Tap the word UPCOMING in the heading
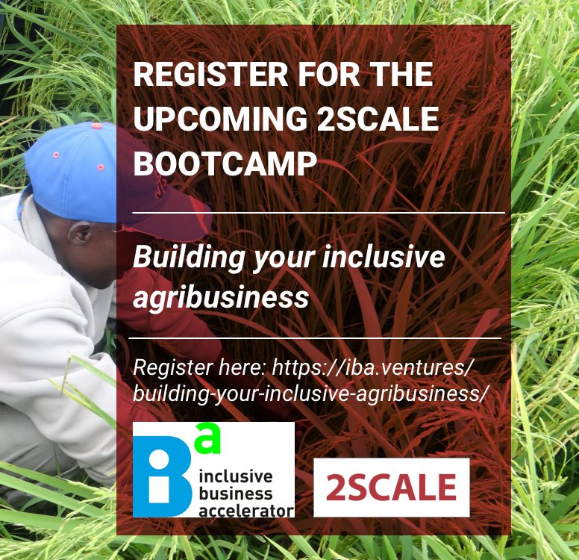pyautogui.click(x=220, y=118)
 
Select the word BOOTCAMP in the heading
pyautogui.click(x=225, y=163)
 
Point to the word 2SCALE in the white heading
pyautogui.click(x=378, y=118)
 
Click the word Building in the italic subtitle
pyautogui.click(x=189, y=258)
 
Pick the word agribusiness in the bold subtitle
pyautogui.click(x=221, y=298)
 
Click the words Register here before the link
pyautogui.click(x=199, y=368)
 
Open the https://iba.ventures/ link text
pyautogui.click(x=372, y=368)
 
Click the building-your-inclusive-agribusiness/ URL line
pyautogui.click(x=308, y=393)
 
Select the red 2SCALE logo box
pyautogui.click(x=392, y=487)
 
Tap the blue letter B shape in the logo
pyautogui.click(x=163, y=476)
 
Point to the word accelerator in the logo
pyautogui.click(x=246, y=511)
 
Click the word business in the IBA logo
pyautogui.click(x=236, y=494)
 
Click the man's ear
pyautogui.click(x=80, y=234)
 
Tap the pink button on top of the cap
pyautogui.click(x=97, y=125)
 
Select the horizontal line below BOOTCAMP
pyautogui.click(x=319, y=213)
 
